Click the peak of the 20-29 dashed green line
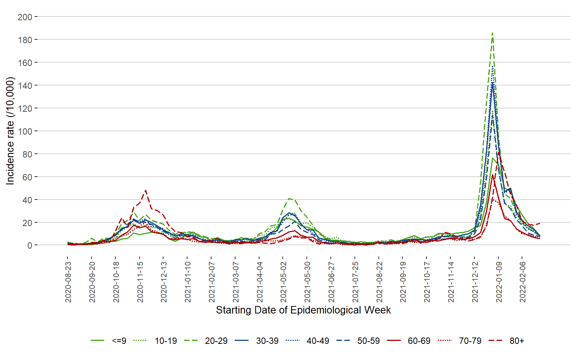click(x=492, y=33)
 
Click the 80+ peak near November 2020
click(x=145, y=190)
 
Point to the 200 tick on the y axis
click(x=25, y=17)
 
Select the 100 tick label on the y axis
click(x=25, y=131)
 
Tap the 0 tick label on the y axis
click(x=30, y=246)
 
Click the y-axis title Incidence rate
click(x=10, y=131)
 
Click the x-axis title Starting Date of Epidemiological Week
click(x=303, y=310)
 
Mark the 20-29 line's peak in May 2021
click(x=289, y=198)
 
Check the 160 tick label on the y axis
click(x=25, y=63)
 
